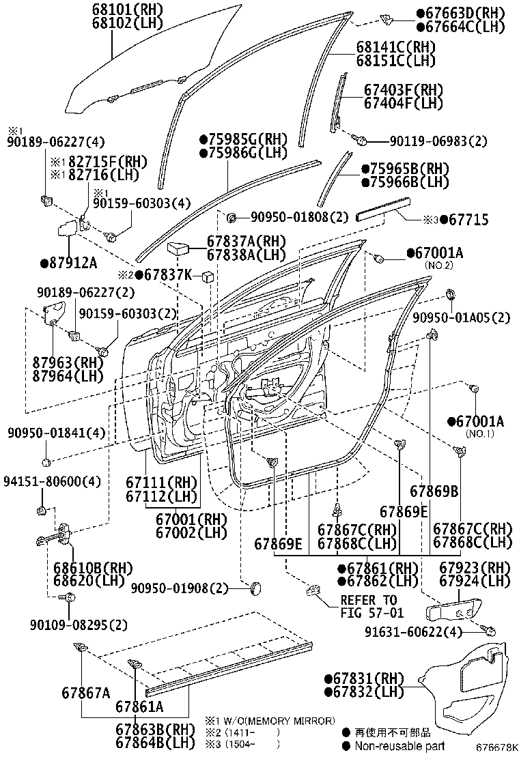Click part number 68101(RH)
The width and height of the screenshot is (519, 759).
(x=123, y=10)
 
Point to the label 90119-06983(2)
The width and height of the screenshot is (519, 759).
(x=449, y=141)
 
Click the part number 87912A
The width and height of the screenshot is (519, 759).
(x=68, y=263)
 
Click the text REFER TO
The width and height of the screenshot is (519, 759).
(x=368, y=600)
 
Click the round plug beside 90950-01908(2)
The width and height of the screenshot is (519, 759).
(x=255, y=588)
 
